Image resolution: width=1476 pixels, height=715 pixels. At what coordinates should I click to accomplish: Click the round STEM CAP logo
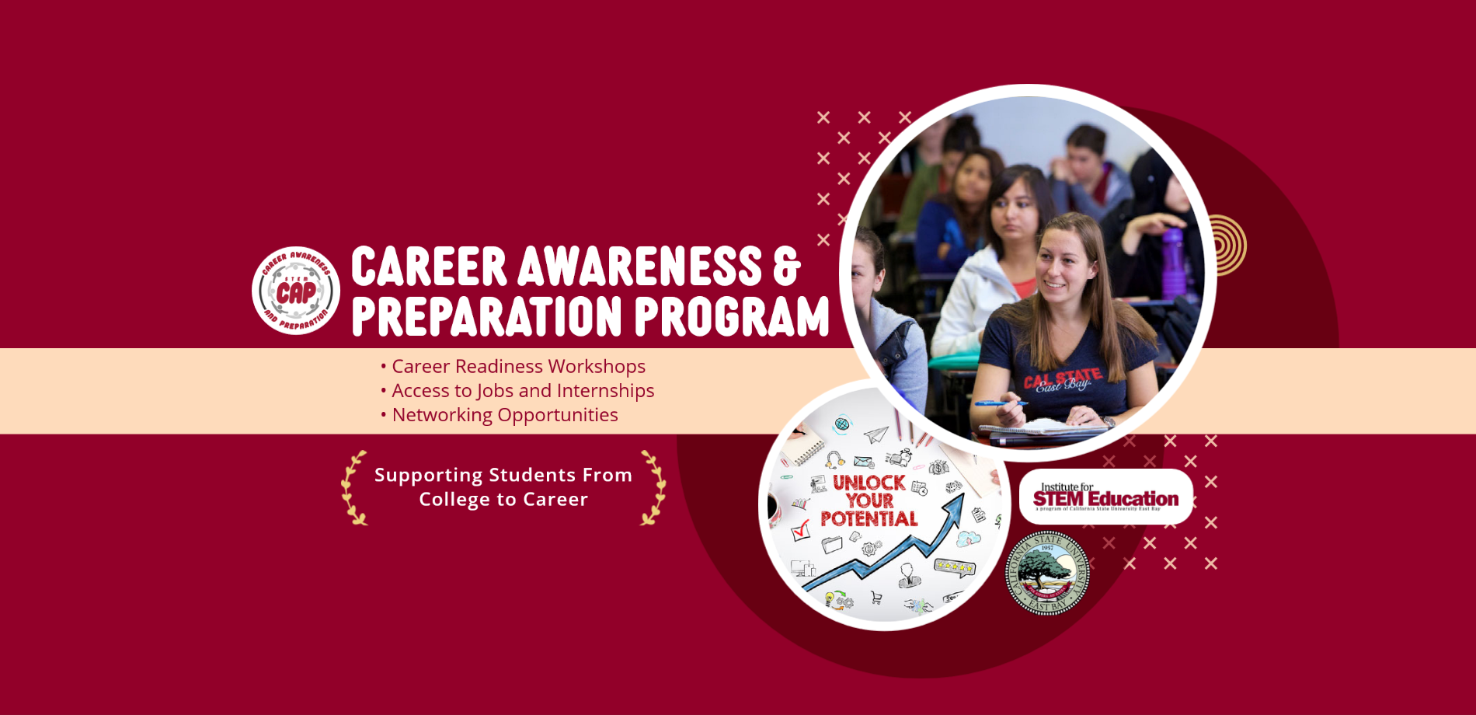pyautogui.click(x=296, y=291)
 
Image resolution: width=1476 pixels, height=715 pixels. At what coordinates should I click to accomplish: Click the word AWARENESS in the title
pyautogui.click(x=640, y=267)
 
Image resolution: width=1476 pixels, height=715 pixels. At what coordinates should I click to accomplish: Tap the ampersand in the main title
pyautogui.click(x=786, y=267)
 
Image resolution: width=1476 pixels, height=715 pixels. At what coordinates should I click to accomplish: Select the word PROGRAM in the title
pyautogui.click(x=732, y=317)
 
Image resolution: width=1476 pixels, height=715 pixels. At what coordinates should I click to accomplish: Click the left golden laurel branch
pyautogui.click(x=353, y=488)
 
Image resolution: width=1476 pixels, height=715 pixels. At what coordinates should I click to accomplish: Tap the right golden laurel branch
pyautogui.click(x=653, y=488)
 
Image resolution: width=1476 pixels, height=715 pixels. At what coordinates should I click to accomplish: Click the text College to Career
pyautogui.click(x=503, y=499)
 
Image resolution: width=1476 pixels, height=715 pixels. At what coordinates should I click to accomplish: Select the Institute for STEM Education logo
pyautogui.click(x=1105, y=497)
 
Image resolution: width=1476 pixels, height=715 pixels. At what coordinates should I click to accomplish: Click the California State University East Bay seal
pyautogui.click(x=1047, y=574)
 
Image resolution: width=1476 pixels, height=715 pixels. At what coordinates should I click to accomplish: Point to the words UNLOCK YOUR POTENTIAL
pyautogui.click(x=869, y=501)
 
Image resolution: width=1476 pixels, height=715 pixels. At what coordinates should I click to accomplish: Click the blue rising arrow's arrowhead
pyautogui.click(x=956, y=506)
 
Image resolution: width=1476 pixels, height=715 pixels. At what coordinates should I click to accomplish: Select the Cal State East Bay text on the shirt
pyautogui.click(x=1062, y=381)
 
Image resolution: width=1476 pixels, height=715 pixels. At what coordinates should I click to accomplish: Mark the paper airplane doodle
pyautogui.click(x=876, y=434)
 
